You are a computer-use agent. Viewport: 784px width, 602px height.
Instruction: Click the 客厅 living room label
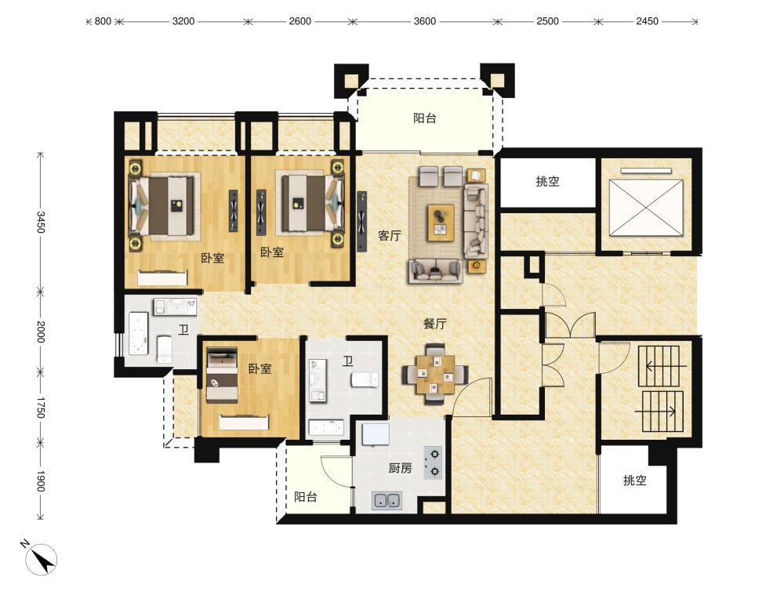[390, 235]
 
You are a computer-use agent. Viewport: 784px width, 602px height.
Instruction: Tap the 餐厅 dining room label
[435, 324]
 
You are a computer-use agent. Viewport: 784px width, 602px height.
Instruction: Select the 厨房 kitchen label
[401, 468]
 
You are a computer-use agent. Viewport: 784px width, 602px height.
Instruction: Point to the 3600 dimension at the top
[424, 21]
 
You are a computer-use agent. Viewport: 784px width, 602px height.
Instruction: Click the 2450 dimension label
[647, 21]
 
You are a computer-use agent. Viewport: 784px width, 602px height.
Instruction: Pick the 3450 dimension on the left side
[41, 222]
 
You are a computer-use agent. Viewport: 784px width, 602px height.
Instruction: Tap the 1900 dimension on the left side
[41, 481]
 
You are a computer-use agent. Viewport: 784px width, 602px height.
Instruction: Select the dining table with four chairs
[435, 373]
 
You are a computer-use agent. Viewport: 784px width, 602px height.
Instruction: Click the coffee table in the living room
[441, 223]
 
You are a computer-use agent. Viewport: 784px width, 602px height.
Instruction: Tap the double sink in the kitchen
[387, 501]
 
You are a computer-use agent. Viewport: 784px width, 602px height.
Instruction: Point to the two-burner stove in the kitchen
[433, 462]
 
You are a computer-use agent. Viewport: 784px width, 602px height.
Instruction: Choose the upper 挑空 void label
[547, 182]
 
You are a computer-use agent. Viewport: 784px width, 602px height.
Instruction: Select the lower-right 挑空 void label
[635, 481]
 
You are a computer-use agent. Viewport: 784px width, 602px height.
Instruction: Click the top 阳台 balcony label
[424, 118]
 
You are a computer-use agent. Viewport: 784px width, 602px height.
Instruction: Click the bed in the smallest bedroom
[222, 375]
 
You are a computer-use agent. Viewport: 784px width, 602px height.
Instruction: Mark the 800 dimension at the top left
[103, 21]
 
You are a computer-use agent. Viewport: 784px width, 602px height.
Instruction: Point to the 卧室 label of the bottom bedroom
[260, 368]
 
